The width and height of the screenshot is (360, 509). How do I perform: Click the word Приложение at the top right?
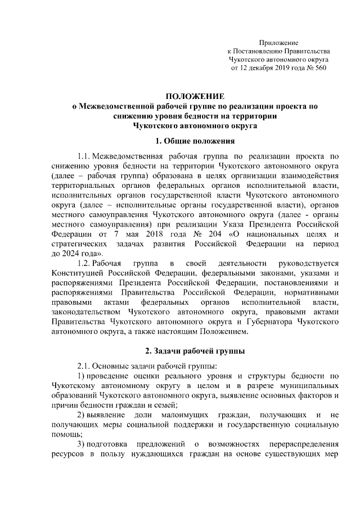[278, 43]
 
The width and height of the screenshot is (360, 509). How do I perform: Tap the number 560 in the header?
[319, 67]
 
